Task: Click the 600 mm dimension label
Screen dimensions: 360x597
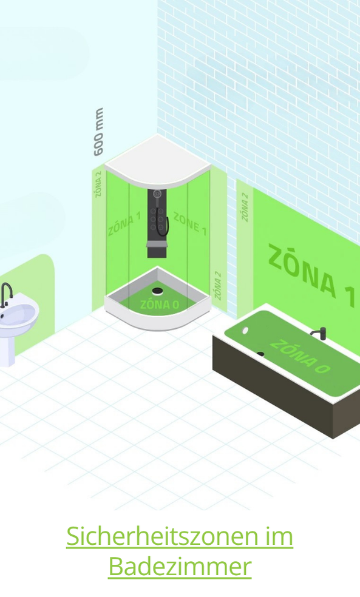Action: tap(99, 132)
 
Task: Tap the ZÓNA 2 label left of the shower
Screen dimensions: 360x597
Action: tap(99, 184)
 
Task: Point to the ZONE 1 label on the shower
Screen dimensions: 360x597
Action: tap(190, 223)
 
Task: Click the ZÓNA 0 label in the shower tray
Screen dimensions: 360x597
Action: tap(160, 304)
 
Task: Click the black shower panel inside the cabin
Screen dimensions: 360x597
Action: tap(157, 223)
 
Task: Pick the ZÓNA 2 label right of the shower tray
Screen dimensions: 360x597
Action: tap(217, 286)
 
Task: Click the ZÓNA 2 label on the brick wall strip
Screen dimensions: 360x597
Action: tap(245, 207)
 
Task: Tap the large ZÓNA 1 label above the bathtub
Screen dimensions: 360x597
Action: tap(311, 271)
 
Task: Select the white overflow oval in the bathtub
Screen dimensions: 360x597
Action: tap(245, 330)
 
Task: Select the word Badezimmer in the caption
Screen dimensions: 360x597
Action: tap(180, 567)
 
